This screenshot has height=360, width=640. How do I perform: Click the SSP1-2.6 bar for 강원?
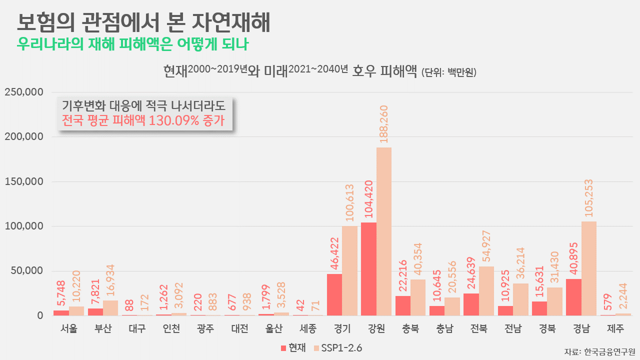[384, 231]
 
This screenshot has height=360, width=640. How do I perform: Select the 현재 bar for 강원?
[368, 269]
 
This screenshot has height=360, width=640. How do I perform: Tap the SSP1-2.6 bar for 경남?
[589, 268]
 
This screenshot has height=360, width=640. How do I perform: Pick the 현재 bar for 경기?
[334, 294]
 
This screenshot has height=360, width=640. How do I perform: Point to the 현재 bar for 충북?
[402, 305]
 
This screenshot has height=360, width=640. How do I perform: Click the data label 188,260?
[384, 124]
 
